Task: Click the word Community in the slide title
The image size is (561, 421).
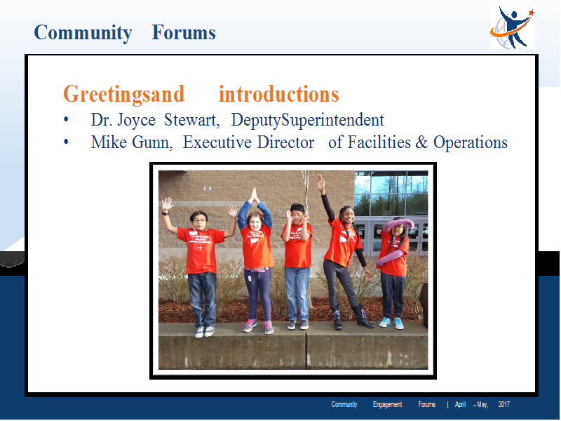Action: pos(83,33)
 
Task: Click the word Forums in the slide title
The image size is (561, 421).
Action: pos(184,32)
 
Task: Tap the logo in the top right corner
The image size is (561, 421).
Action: pos(513,27)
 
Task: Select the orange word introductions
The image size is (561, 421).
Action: pos(278,94)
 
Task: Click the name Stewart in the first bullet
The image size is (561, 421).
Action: pos(191,120)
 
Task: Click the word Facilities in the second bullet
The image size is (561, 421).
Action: pos(379,142)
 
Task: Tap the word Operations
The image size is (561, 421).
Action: pos(471,143)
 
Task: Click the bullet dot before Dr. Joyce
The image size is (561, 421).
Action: pos(66,120)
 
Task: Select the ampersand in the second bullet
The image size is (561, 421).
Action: pos(421,142)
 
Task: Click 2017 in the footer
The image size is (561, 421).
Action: pos(504,405)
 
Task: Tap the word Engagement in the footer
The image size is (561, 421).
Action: pos(388,405)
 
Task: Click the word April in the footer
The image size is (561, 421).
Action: pos(460,405)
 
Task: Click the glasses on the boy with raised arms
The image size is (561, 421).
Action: pos(199,220)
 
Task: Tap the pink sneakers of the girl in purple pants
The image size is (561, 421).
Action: pos(257,326)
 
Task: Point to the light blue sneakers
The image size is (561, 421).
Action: pos(391,323)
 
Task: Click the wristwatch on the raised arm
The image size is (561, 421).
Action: pos(165,214)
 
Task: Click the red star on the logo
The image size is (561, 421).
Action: pos(532,13)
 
